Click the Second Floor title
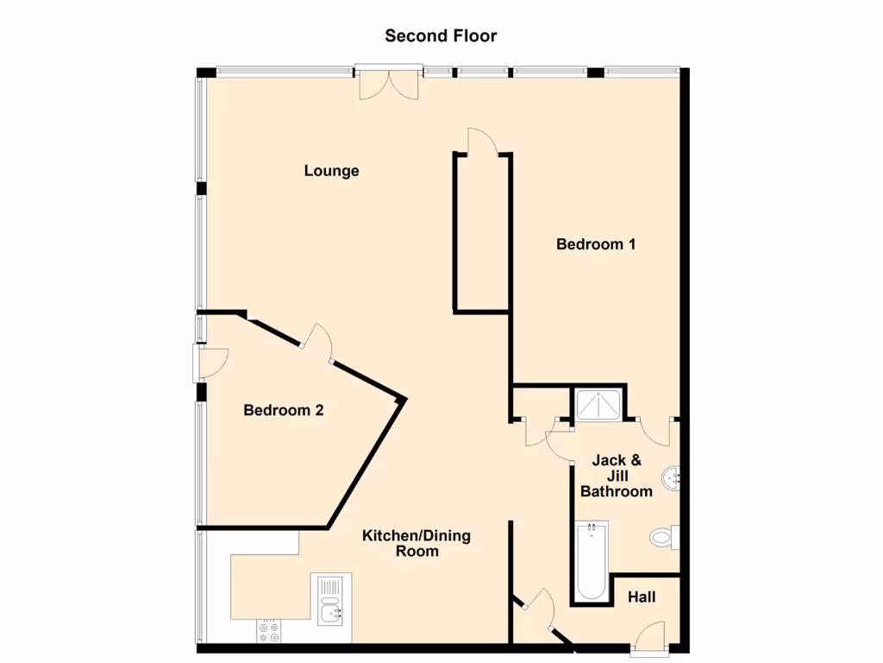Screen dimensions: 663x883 [441, 35]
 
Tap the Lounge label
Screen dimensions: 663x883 [331, 171]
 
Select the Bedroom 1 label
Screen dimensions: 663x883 [596, 244]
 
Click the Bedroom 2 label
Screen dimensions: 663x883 [283, 410]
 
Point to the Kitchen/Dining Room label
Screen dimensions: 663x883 [416, 543]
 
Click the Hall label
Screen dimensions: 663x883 [642, 597]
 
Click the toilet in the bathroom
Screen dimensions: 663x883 [663, 538]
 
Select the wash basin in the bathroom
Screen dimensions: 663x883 [672, 477]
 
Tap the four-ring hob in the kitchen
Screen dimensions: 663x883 [269, 632]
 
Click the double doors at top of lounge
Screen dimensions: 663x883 [389, 83]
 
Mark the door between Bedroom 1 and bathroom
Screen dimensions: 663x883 [655, 429]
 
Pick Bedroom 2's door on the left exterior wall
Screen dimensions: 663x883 [210, 363]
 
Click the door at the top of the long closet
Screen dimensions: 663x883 [482, 142]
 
